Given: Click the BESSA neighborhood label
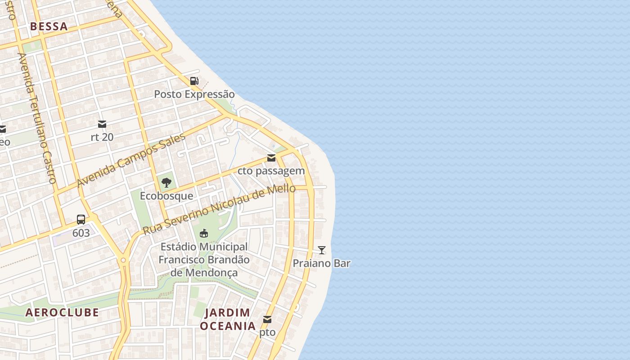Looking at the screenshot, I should point(49,27).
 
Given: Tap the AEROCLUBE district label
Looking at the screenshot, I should point(62,312).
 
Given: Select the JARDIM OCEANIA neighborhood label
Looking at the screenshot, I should point(228,319).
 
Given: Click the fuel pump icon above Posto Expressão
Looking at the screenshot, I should point(194,81).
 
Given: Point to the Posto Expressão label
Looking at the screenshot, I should point(194,94).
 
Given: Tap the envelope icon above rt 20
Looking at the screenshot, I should point(102,124).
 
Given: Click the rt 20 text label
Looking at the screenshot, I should point(102,137).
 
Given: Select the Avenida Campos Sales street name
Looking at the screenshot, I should point(131,161).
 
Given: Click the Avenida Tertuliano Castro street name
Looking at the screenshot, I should point(36,118).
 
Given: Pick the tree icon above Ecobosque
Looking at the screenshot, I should point(166,182).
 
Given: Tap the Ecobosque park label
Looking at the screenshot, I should point(166,196).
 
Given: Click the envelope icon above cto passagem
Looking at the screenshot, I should point(271,158).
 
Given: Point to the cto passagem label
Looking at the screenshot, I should point(271,171).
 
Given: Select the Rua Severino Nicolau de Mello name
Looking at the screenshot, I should point(219,209).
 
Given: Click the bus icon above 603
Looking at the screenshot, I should point(81,220).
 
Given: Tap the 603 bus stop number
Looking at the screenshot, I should point(81,233).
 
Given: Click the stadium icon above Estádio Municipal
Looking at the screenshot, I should point(204,233).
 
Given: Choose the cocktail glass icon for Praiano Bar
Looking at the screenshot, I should point(322,250).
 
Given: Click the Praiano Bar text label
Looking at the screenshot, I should point(322,263).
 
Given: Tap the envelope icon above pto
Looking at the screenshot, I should point(267,319).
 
